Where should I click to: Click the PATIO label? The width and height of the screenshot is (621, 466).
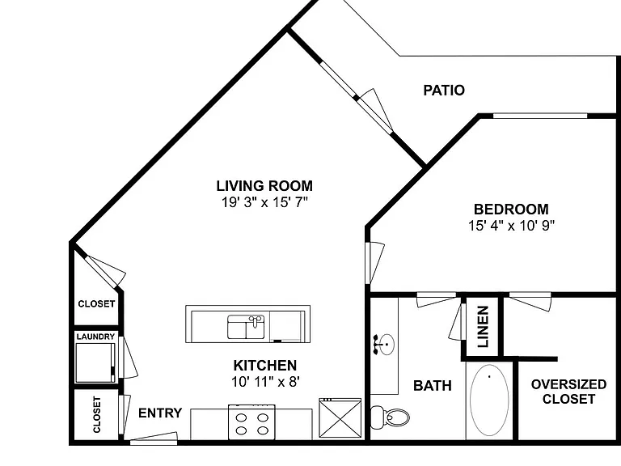444,91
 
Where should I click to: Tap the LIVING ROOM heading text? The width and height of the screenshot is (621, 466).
264,186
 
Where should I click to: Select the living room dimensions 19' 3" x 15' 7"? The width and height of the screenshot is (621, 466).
264,202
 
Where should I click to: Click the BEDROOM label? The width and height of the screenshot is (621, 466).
511,210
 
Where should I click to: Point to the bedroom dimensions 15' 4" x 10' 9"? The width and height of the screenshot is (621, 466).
511,226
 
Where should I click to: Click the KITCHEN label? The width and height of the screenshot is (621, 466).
264,366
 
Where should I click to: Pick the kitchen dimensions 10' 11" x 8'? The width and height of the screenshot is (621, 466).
265,382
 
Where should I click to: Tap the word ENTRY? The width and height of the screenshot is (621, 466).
160,413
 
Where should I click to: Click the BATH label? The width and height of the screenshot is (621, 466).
432,386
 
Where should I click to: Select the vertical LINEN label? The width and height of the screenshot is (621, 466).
483,327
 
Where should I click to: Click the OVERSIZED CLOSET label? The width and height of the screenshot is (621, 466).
568,392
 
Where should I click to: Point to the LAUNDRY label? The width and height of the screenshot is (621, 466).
95,337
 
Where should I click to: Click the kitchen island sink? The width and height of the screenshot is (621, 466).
246,327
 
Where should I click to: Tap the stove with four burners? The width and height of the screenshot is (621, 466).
251,422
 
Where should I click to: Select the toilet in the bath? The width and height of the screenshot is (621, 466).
390,417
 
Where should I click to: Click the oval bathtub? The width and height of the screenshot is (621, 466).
489,400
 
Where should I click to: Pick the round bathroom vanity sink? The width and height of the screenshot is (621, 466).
384,344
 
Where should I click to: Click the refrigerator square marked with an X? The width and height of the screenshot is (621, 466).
340,418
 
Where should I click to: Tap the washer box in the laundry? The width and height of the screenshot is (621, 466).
95,362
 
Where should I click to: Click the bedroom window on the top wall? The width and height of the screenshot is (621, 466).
540,116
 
